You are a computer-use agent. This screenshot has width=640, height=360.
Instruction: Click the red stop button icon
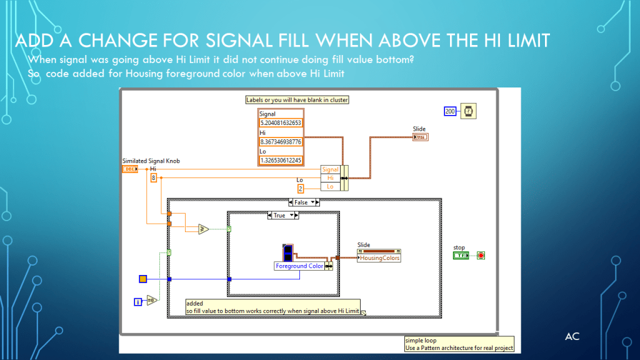[x=481, y=256]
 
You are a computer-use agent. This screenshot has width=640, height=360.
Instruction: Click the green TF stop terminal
[x=461, y=256]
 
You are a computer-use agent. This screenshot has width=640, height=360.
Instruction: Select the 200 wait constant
[x=450, y=111]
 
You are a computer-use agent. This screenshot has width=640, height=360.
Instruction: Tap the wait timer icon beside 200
[x=467, y=111]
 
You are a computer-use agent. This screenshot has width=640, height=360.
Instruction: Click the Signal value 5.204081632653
[x=281, y=123]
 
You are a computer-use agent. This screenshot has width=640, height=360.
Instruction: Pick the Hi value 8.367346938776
[x=281, y=142]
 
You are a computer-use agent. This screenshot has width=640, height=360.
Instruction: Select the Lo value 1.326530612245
[x=281, y=161]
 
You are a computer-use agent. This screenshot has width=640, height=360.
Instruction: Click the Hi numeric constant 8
[x=153, y=178]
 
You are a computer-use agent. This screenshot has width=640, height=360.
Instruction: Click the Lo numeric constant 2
[x=301, y=188]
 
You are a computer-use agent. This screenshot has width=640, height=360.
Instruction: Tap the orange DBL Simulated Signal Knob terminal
[x=130, y=169]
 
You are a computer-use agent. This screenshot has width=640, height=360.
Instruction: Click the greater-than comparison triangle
[x=204, y=229]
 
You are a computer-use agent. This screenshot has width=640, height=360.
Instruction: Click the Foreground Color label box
[x=299, y=266]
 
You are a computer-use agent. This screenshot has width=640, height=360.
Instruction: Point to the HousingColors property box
[x=379, y=257]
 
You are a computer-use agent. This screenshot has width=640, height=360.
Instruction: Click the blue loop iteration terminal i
[x=138, y=302]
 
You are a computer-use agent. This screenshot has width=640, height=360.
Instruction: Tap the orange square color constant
[x=142, y=279]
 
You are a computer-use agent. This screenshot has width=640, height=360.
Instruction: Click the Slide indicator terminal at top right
[x=420, y=137]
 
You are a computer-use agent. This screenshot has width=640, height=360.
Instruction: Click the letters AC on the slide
[x=572, y=337]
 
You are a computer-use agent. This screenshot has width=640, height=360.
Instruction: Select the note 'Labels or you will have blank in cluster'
[x=297, y=99]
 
